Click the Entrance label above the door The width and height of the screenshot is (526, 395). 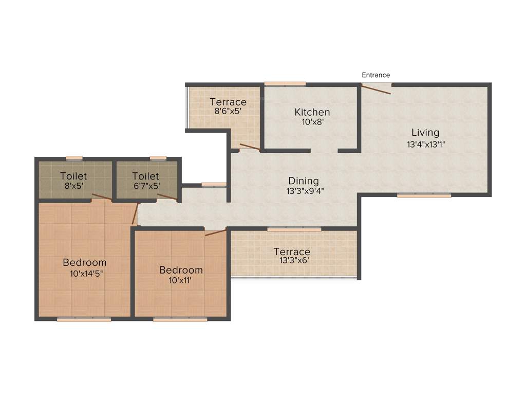375,75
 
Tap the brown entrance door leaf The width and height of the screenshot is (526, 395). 376,89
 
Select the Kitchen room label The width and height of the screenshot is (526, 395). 312,112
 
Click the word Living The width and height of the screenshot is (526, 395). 425,133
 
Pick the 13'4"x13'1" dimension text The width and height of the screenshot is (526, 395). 425,145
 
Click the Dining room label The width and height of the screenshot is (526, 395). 303,181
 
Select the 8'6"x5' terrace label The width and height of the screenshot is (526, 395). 228,111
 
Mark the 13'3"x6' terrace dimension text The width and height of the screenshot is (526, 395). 291,261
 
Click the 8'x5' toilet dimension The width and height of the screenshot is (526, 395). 73,186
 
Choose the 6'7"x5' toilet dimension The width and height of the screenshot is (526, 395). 146,186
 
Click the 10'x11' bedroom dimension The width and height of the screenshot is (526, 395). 180,280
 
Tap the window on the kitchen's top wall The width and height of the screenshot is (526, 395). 285,84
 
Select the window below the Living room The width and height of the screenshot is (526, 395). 424,195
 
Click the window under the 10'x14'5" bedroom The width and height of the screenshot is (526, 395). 84,319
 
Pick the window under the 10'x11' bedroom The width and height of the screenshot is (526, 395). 180,319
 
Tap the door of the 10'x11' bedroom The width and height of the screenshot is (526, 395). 215,232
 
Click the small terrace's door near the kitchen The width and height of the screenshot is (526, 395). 250,147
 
